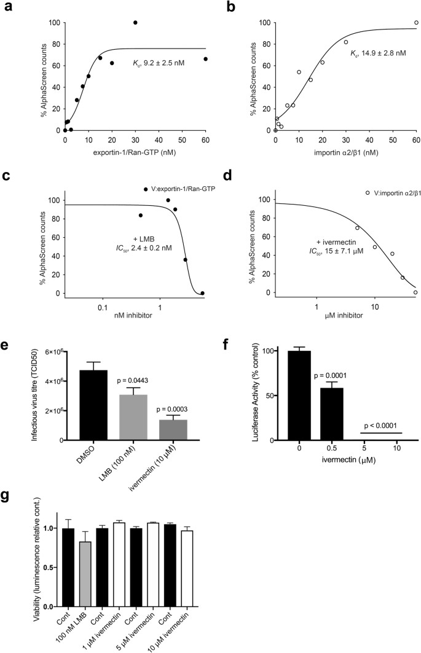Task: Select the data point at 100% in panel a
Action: click(x=135, y=23)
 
